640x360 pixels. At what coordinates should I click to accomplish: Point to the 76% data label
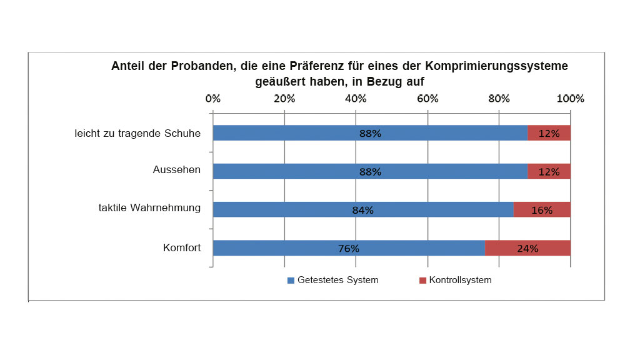[349, 249]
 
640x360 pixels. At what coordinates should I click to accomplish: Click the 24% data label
[527, 249]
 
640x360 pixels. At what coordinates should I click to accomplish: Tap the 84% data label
[362, 211]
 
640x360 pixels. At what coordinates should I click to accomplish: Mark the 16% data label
[542, 211]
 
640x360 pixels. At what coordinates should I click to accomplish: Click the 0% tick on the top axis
[213, 99]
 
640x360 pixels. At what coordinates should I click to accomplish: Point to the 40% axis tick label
[356, 99]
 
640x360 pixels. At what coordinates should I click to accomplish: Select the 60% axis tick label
[427, 99]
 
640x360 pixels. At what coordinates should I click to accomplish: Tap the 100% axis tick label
[570, 99]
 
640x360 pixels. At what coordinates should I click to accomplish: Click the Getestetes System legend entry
[333, 280]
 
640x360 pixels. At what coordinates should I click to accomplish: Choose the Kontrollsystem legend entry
[456, 280]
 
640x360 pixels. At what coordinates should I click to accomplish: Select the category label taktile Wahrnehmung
[149, 208]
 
